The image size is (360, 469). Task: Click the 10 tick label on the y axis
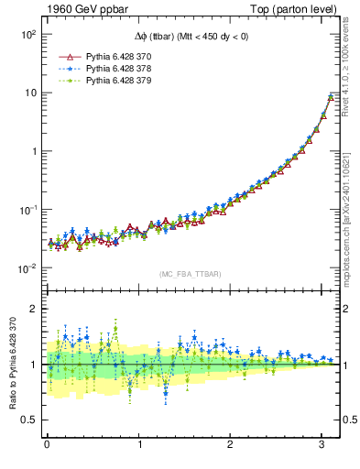pos(29,93)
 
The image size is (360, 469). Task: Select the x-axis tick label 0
pos(47,444)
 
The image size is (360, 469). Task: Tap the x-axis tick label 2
pos(231,444)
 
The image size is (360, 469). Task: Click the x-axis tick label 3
pos(322,444)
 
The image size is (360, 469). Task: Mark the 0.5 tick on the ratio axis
pos(29,420)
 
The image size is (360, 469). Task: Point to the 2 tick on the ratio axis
pos(34,309)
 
